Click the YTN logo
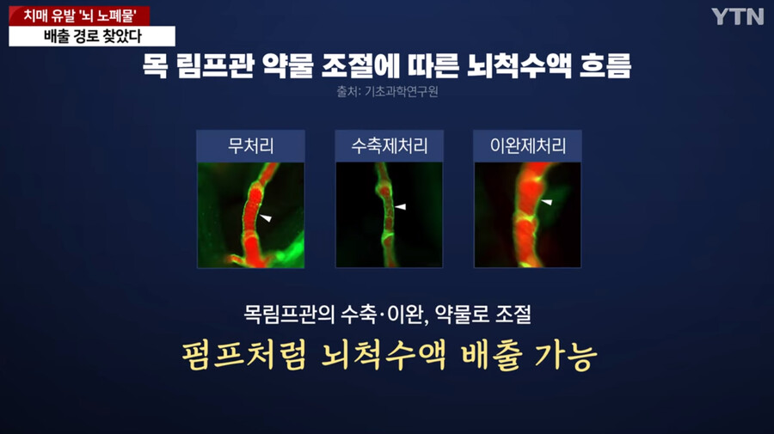coord(738,17)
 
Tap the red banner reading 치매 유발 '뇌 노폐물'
coord(79,15)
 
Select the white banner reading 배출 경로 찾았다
coord(92,36)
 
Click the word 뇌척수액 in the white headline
coord(519,65)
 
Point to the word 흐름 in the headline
coord(605,65)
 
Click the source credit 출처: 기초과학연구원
coord(388,92)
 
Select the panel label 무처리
coord(251,146)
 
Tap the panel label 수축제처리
coord(389,146)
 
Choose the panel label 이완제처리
coord(528,146)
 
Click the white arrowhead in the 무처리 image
coord(266,217)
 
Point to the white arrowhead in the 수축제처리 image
coord(400,206)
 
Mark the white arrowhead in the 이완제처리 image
coord(546,202)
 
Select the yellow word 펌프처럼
coord(244,355)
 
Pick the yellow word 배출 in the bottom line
coord(491,355)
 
